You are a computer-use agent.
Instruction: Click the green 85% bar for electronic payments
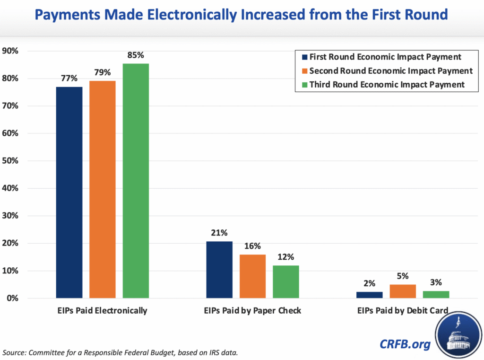(136, 181)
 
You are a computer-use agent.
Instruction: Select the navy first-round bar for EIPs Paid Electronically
(69, 192)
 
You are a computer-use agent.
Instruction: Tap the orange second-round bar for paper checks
(252, 276)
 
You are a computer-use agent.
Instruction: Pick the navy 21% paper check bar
(219, 270)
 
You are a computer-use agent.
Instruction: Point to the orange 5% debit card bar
(403, 291)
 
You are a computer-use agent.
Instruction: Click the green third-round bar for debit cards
(436, 294)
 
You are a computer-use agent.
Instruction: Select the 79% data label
(103, 72)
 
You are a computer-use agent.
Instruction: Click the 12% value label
(285, 257)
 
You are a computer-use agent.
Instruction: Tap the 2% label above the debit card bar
(369, 283)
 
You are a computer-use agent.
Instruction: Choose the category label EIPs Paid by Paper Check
(252, 311)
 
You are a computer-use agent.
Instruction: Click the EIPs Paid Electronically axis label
(103, 311)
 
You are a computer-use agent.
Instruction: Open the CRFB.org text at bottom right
(405, 343)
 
